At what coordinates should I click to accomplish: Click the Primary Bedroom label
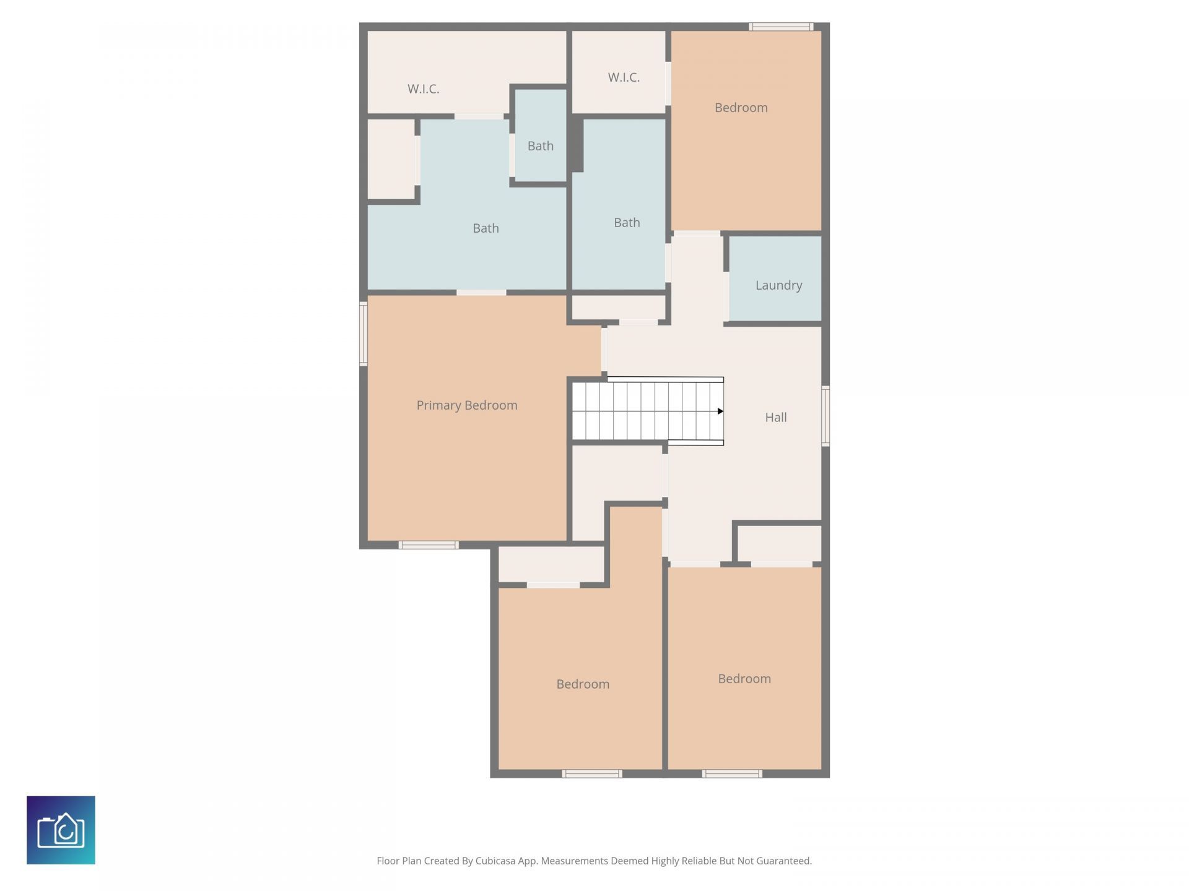point(467,405)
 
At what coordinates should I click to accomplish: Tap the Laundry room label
point(778,285)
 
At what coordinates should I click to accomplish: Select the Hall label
point(775,418)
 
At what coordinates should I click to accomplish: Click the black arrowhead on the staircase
point(720,411)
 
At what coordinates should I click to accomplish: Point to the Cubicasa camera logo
point(61,830)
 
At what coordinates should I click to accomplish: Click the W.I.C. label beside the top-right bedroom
point(624,77)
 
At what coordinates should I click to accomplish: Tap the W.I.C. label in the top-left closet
point(423,89)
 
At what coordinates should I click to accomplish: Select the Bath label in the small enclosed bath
point(540,146)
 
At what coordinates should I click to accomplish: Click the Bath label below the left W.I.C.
point(486,228)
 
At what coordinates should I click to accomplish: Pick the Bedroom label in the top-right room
point(741,108)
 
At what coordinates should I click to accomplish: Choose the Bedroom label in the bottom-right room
point(744,679)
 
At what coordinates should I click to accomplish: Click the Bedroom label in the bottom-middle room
point(582,684)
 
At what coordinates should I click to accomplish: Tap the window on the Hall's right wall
point(825,416)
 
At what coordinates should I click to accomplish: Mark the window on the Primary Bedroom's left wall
point(364,334)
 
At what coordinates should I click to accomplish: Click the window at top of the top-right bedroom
point(780,27)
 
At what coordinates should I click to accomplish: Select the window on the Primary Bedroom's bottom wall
point(429,545)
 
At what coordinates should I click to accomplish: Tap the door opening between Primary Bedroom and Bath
point(481,292)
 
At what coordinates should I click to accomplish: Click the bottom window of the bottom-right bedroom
point(732,773)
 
